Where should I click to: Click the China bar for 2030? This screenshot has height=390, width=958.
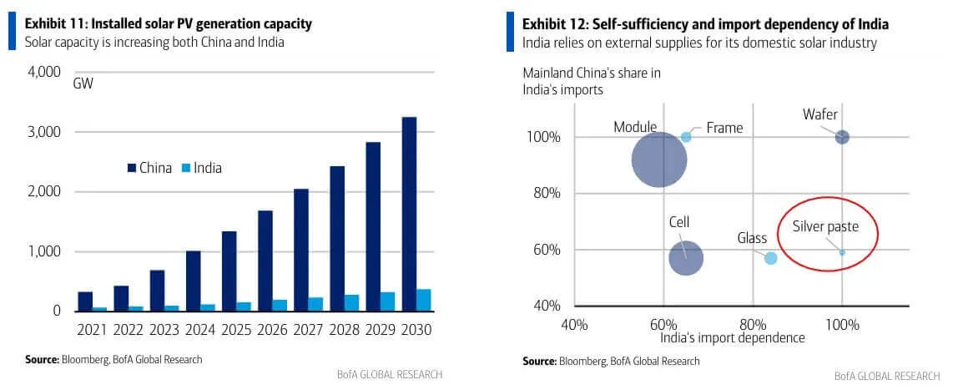(410, 214)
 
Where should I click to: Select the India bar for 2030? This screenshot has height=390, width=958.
(424, 300)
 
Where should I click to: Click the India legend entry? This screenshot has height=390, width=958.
(201, 168)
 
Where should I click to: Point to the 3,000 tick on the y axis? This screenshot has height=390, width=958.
(43, 132)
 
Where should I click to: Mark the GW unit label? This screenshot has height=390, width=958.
(83, 84)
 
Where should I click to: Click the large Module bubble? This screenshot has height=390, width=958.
(659, 161)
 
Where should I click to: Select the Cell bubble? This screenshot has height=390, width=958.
(686, 257)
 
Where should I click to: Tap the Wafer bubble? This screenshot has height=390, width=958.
(842, 137)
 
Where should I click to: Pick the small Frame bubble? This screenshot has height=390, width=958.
(686, 137)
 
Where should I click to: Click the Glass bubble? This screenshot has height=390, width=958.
(771, 258)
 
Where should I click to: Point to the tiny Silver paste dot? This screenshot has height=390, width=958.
(842, 252)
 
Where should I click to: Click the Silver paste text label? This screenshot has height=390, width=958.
(825, 226)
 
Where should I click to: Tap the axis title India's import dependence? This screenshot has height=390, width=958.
(733, 337)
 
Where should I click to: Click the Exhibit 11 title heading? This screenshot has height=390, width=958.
(169, 23)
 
